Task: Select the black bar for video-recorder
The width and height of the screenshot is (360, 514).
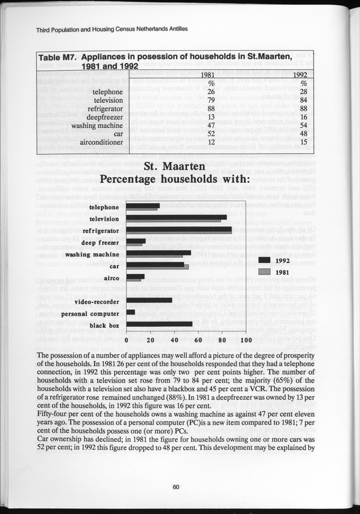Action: tap(149, 300)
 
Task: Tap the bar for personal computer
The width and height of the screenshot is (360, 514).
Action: tap(130, 312)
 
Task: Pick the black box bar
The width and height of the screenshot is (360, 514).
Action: tap(159, 324)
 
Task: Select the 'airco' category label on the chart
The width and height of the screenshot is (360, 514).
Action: tap(110, 278)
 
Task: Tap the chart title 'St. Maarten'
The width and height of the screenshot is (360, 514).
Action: tap(179, 168)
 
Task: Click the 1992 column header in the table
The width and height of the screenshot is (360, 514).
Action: tap(301, 75)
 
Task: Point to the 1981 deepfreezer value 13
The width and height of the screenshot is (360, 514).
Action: tap(210, 117)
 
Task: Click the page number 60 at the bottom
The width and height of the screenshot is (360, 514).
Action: tap(176, 487)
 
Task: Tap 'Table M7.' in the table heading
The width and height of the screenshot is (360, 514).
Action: tap(58, 57)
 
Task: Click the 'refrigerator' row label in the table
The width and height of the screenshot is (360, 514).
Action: tap(102, 109)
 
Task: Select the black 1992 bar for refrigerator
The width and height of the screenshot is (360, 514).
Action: tap(179, 229)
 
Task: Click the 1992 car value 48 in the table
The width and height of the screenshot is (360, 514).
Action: tap(303, 133)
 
